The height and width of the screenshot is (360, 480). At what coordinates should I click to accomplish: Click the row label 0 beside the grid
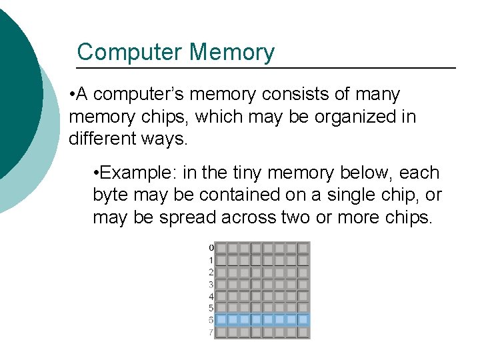click(x=211, y=248)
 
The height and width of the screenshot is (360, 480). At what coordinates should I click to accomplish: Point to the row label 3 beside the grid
click(x=211, y=284)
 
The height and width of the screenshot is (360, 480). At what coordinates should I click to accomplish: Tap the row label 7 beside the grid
click(x=211, y=332)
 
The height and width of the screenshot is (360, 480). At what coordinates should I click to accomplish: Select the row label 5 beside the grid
click(x=211, y=308)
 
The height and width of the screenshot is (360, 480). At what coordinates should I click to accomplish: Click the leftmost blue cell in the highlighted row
click(x=221, y=320)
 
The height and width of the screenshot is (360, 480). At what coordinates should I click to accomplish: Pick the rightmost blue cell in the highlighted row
click(x=303, y=320)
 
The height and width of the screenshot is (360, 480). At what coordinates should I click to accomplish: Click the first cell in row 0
click(x=221, y=248)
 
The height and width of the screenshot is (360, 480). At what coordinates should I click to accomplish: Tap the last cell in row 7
click(x=303, y=332)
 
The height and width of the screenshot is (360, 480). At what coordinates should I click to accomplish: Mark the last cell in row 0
click(x=303, y=248)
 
